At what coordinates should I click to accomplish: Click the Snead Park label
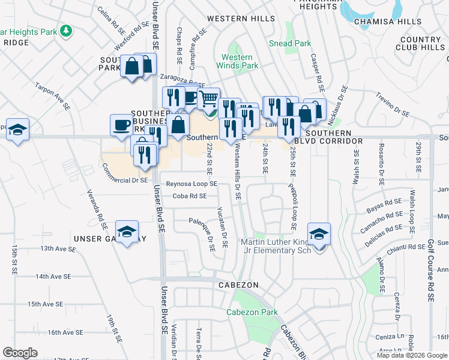point(290,43)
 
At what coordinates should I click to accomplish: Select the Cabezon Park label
point(252,312)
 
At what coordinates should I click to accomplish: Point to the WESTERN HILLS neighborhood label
point(241,19)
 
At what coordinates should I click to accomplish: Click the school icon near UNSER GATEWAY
point(127,232)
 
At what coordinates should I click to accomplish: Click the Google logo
point(20,352)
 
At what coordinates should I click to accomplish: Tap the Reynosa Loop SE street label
point(191,184)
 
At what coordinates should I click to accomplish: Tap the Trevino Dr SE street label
point(393,104)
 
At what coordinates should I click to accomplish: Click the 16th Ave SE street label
point(65,332)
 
